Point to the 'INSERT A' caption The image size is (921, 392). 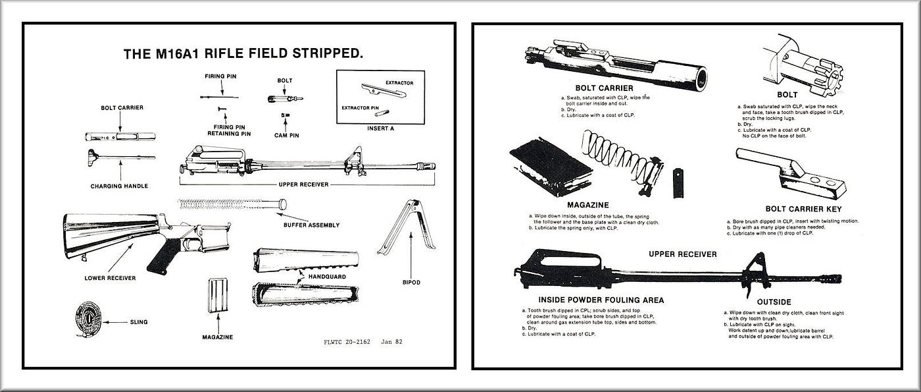click(381, 128)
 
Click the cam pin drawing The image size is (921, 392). click(285, 115)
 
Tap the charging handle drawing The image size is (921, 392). click(118, 157)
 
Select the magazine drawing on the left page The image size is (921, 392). click(218, 300)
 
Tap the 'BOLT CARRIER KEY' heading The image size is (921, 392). click(786, 209)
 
